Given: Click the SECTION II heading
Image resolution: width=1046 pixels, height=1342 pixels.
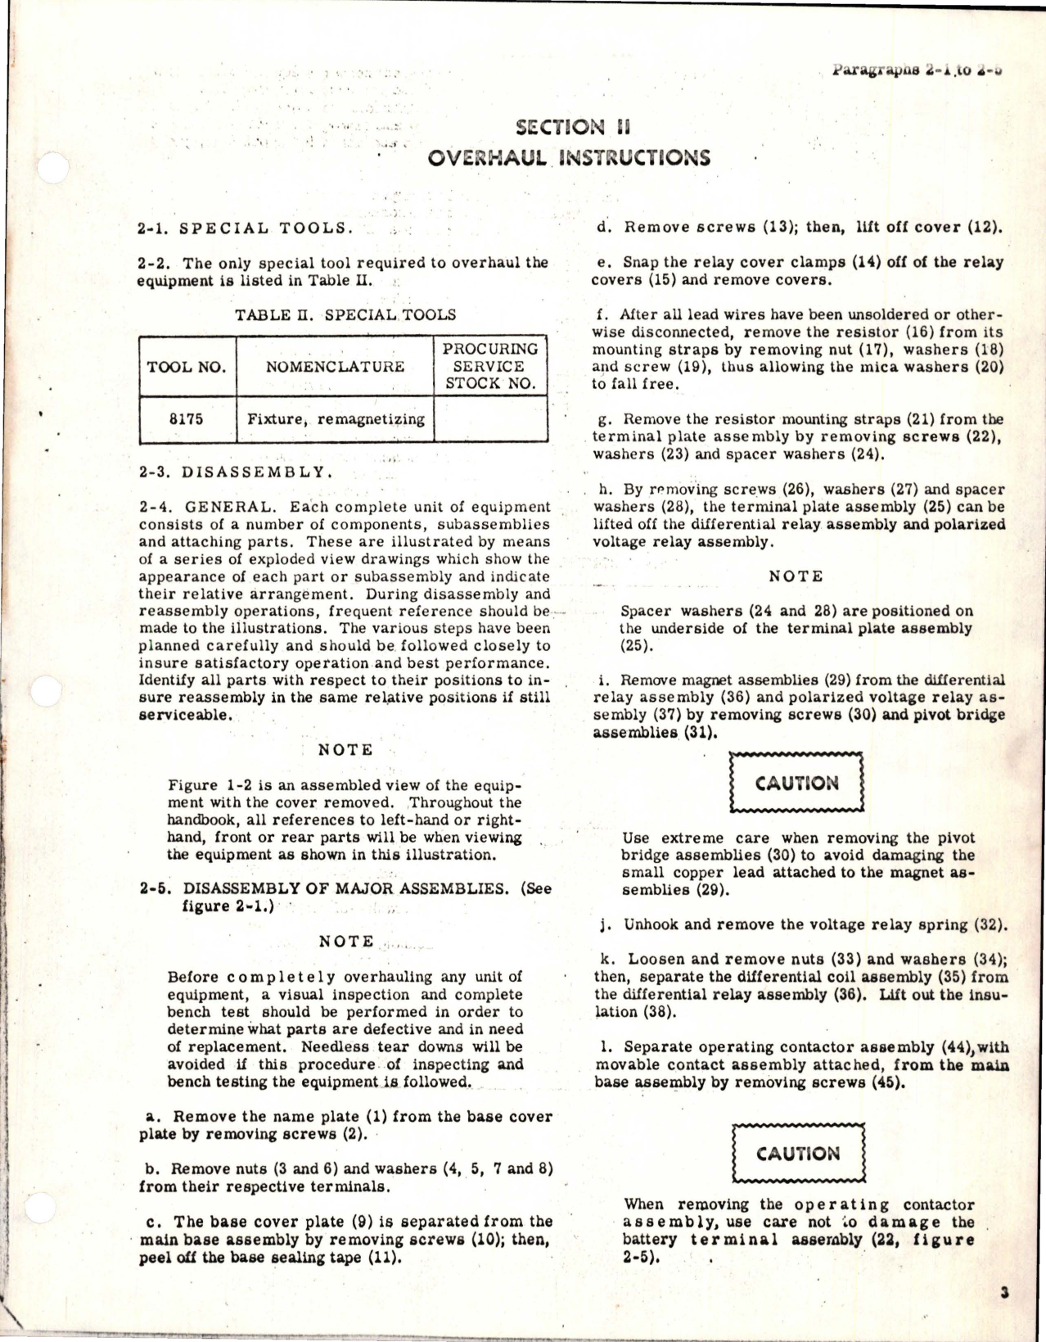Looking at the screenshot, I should coord(573,127).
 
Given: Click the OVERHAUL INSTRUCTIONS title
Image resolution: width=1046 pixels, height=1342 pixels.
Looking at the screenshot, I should coord(568,158).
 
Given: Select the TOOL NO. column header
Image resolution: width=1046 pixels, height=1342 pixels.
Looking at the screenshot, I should coord(187,367).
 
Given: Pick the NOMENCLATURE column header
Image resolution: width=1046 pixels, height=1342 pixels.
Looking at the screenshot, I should coord(335,367).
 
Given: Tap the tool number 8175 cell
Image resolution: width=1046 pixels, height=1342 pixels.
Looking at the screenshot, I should coord(186,419).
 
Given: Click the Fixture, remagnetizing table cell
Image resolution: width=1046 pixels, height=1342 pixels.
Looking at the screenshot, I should coord(336,419).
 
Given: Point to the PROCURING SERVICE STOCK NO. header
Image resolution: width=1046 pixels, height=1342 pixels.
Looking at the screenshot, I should coord(490,366).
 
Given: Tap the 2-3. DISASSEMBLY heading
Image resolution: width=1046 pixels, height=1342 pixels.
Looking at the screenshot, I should coord(236,472).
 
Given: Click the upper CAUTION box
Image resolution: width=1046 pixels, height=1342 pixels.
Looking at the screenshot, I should coord(796,783).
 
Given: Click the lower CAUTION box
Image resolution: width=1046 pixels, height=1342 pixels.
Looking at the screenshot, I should coord(798,1154).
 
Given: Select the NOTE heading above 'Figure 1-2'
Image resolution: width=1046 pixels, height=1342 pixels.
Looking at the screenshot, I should coord(345,750).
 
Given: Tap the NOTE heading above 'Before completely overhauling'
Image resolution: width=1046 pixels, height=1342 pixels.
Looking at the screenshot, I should coord(346,942).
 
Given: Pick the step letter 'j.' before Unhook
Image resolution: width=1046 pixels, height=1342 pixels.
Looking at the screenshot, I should coord(606,925).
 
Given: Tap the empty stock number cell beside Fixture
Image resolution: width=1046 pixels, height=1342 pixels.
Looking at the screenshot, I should coord(490,419).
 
